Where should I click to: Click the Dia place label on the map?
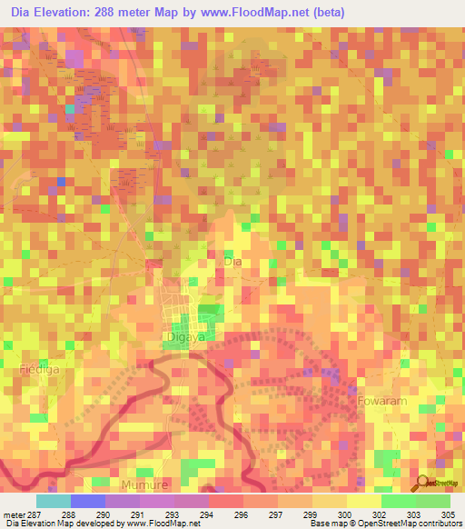(232, 261)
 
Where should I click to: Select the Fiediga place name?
(38, 369)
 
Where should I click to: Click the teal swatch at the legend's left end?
(53, 501)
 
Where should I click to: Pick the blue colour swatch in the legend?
(87, 501)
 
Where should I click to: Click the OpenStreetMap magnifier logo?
(423, 482)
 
